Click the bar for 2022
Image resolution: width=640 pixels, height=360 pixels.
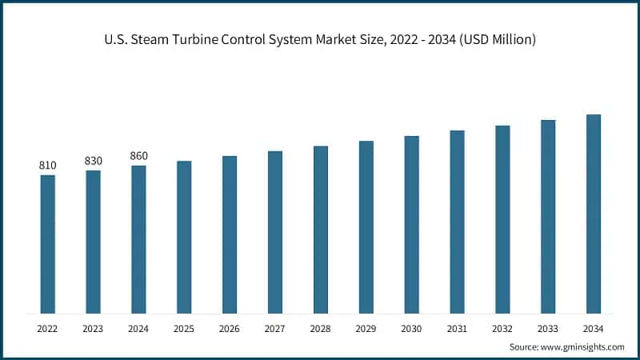pyautogui.click(x=48, y=244)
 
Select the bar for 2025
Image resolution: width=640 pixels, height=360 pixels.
pyautogui.click(x=184, y=237)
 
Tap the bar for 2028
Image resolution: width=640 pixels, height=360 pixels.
pyautogui.click(x=321, y=230)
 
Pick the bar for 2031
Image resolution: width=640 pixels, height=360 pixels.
pyautogui.click(x=457, y=222)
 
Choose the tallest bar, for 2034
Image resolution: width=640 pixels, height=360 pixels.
pyautogui.click(x=594, y=214)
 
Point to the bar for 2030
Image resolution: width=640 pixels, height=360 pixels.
pyautogui.click(x=411, y=224)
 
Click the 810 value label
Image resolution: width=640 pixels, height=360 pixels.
pyautogui.click(x=48, y=166)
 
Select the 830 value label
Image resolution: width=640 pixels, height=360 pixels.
pyautogui.click(x=94, y=161)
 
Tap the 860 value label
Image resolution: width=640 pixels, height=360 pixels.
pyautogui.click(x=139, y=156)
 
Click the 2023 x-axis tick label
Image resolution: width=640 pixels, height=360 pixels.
pyautogui.click(x=94, y=329)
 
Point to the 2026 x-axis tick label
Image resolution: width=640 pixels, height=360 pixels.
pyautogui.click(x=230, y=329)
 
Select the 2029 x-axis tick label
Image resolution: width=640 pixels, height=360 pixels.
pyautogui.click(x=366, y=329)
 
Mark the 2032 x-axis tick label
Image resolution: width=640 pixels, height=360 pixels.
pyautogui.click(x=502, y=329)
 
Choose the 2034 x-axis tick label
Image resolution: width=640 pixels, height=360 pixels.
pyautogui.click(x=594, y=329)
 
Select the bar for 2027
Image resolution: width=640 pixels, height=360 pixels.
pyautogui.click(x=275, y=232)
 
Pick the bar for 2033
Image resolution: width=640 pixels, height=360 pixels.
pyautogui.click(x=548, y=217)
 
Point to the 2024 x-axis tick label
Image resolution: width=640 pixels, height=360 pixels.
pyautogui.click(x=139, y=329)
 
